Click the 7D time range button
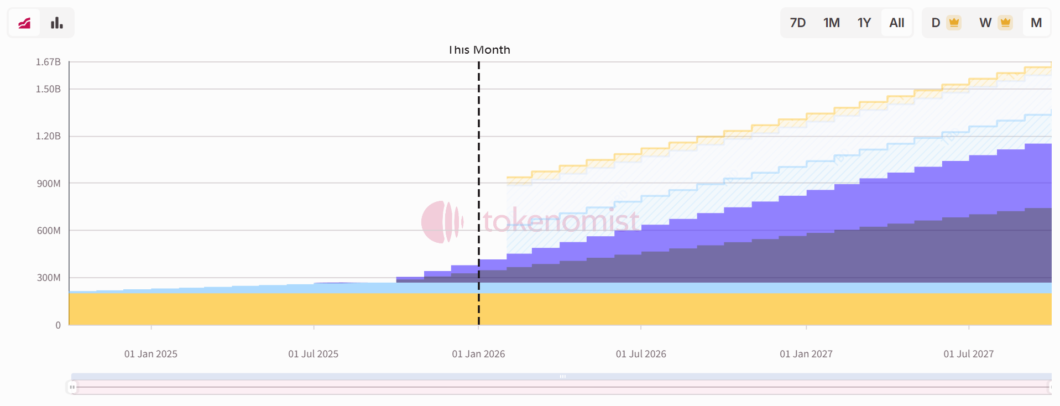(797, 23)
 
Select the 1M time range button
(831, 23)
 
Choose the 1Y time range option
(864, 23)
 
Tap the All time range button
(896, 23)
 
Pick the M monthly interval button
(1036, 23)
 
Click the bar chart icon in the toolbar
(57, 23)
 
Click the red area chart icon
(24, 23)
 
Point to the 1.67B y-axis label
(48, 62)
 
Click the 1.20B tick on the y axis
(48, 136)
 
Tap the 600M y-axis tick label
(49, 231)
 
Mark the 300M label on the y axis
(49, 278)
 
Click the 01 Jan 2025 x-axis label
(150, 354)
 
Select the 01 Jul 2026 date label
(641, 354)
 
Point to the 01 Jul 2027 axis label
(968, 354)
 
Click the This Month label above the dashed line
(479, 50)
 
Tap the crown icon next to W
(1005, 23)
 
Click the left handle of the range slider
(72, 387)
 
